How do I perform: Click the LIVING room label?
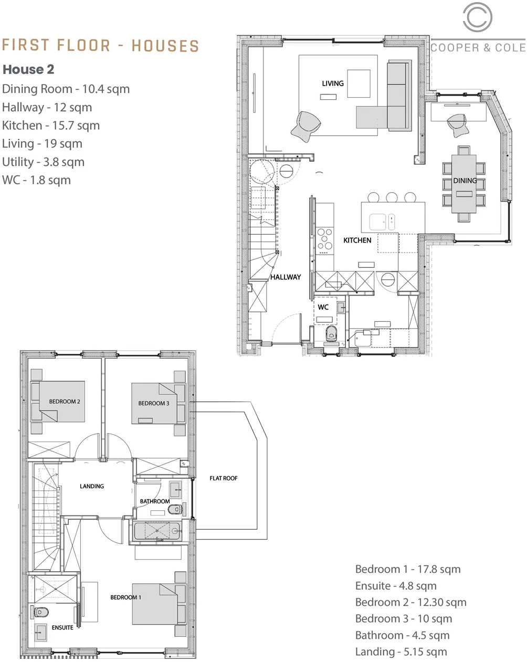(x=333, y=83)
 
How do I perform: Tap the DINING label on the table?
(x=465, y=181)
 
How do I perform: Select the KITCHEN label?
(x=357, y=240)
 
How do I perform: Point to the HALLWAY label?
(x=286, y=277)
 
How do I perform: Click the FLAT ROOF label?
(x=224, y=478)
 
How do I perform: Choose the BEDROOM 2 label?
(x=65, y=402)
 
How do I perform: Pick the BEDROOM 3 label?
(x=153, y=403)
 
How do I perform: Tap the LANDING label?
(x=92, y=486)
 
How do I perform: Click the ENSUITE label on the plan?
(x=62, y=627)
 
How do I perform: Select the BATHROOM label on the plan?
(x=155, y=501)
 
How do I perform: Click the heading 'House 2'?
(x=28, y=69)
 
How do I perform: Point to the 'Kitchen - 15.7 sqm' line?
(x=51, y=125)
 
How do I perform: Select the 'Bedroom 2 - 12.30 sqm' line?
(x=410, y=602)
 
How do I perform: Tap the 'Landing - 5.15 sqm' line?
(x=401, y=652)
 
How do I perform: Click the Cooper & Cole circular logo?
(x=478, y=18)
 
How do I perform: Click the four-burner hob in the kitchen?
(x=325, y=239)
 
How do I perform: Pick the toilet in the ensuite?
(x=40, y=612)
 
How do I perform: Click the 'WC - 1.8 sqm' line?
(x=36, y=180)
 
